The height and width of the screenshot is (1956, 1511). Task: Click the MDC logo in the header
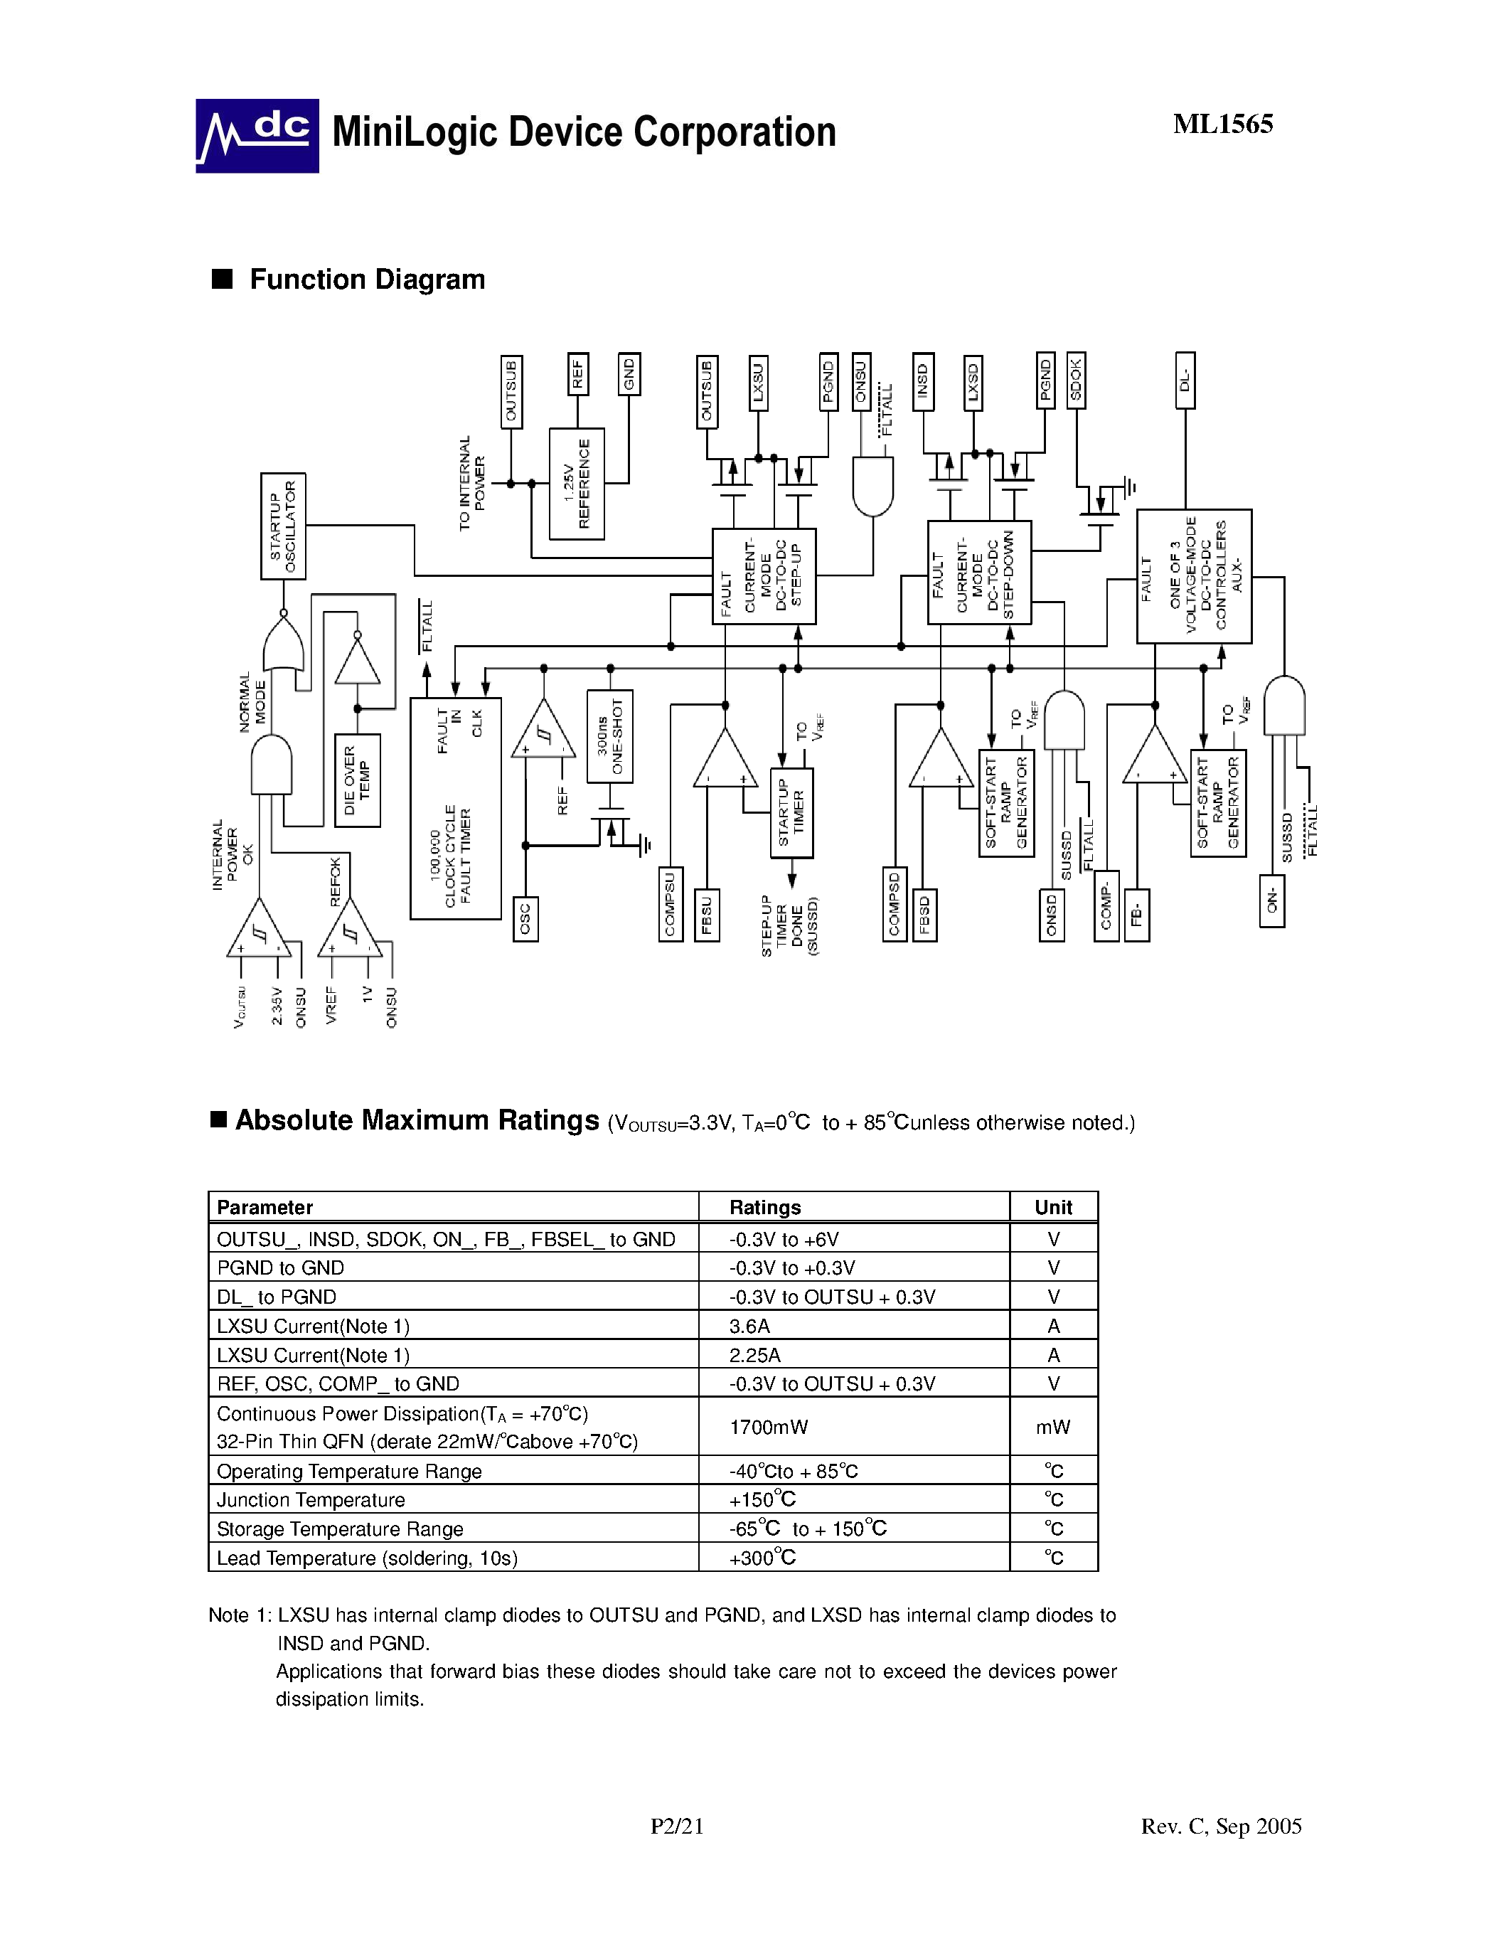pyautogui.click(x=257, y=135)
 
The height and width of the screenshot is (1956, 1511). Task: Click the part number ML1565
pyautogui.click(x=1223, y=124)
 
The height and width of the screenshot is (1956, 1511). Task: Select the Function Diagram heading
pyautogui.click(x=367, y=280)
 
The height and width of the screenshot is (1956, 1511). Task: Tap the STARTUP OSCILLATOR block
pyautogui.click(x=283, y=526)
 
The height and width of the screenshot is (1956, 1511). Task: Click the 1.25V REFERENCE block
pyautogui.click(x=577, y=484)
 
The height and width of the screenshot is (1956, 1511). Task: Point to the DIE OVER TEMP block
pyautogui.click(x=357, y=780)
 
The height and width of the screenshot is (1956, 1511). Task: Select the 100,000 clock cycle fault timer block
pyautogui.click(x=455, y=808)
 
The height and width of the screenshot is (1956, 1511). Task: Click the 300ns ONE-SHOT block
pyautogui.click(x=609, y=736)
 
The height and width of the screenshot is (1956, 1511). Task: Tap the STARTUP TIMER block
pyautogui.click(x=791, y=812)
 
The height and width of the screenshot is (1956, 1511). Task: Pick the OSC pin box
pyautogui.click(x=525, y=919)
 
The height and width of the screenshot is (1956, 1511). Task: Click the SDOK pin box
pyautogui.click(x=1076, y=381)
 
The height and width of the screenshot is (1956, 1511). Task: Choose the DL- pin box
pyautogui.click(x=1185, y=380)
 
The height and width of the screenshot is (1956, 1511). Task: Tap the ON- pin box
pyautogui.click(x=1271, y=901)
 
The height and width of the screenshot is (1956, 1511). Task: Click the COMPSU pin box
pyautogui.click(x=671, y=903)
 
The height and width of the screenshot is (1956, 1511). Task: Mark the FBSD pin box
pyautogui.click(x=924, y=915)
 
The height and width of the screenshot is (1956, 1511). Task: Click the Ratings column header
pyautogui.click(x=764, y=1207)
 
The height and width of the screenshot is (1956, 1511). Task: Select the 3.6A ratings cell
pyautogui.click(x=749, y=1326)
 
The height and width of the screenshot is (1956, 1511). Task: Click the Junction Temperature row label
pyautogui.click(x=311, y=1499)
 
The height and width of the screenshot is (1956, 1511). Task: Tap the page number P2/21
pyautogui.click(x=677, y=1826)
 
